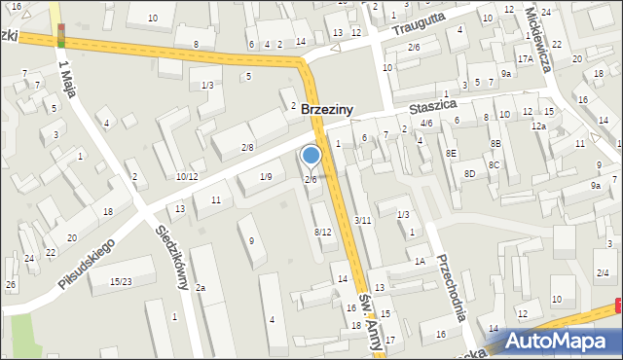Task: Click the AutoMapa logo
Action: coord(556,340)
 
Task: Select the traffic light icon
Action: coord(61,37)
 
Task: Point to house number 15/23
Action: coord(121,282)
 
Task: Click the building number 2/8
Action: coord(247,147)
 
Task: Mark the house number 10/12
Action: coord(187,176)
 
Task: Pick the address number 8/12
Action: coord(323,232)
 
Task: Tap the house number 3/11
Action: coord(362,221)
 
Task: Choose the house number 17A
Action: coord(525,59)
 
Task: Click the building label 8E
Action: coord(451,153)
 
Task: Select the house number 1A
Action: coord(420,261)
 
